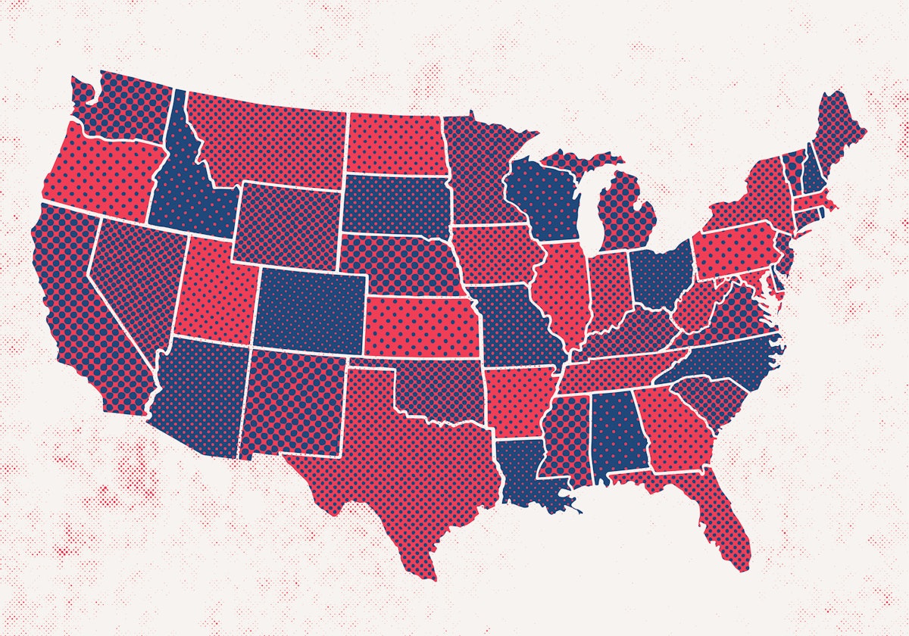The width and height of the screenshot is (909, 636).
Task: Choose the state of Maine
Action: point(837,132)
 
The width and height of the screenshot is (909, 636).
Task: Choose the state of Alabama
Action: point(617,435)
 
